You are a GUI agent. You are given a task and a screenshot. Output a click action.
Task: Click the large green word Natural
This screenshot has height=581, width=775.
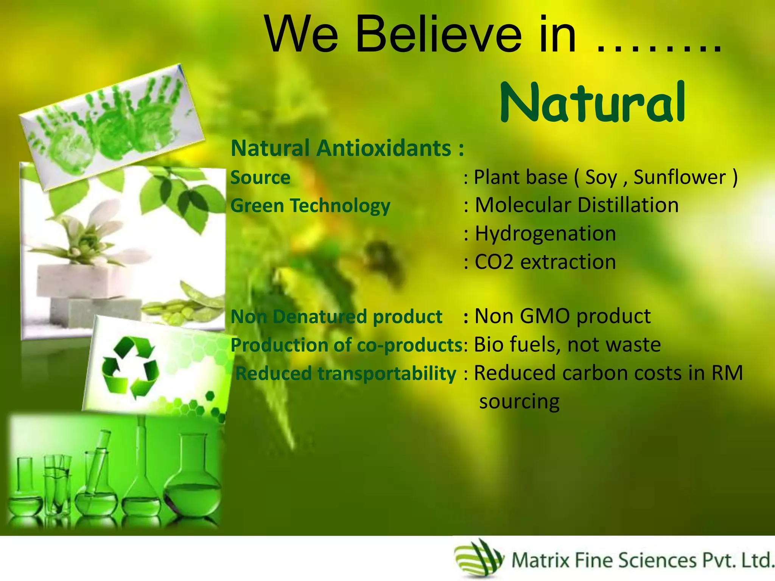click(592, 103)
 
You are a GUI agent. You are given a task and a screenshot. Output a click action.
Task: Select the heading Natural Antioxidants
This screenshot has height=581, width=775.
click(346, 148)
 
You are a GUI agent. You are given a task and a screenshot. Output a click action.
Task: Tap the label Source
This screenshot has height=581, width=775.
click(260, 178)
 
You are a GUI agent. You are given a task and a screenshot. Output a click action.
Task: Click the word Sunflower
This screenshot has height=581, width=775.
click(680, 177)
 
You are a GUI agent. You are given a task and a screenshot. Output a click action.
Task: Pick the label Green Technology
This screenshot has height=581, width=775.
click(310, 206)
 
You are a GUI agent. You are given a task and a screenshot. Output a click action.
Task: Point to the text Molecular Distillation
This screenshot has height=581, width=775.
click(576, 205)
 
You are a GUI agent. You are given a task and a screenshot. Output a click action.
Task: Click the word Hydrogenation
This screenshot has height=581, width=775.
click(545, 234)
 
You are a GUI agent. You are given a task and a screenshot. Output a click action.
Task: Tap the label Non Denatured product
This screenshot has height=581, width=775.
click(336, 317)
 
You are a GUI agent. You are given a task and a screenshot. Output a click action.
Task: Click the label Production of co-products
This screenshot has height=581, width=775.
click(346, 345)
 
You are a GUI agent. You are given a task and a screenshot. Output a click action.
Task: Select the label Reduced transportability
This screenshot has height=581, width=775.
click(345, 374)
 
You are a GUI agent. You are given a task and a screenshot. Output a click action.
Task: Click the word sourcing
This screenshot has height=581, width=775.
click(519, 402)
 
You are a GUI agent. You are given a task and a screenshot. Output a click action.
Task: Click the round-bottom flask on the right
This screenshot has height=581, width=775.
click(193, 480)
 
